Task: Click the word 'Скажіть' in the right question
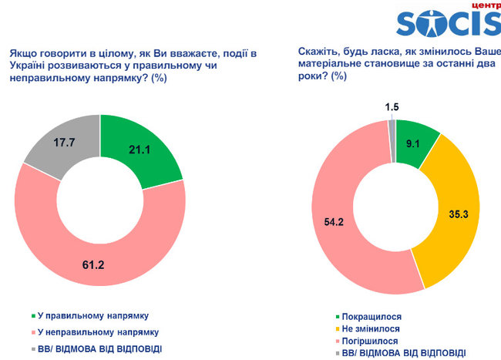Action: pyautogui.click(x=318, y=52)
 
